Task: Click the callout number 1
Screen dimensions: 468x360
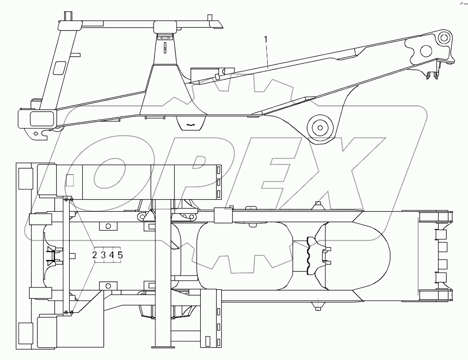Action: click(x=266, y=39)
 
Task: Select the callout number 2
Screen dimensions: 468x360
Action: click(x=95, y=255)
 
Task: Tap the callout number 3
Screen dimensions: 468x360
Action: click(x=103, y=255)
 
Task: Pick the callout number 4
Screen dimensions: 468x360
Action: click(x=112, y=255)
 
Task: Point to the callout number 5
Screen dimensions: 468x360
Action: click(x=120, y=255)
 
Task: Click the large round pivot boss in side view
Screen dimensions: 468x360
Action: click(x=320, y=128)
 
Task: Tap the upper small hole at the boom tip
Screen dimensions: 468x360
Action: click(x=444, y=37)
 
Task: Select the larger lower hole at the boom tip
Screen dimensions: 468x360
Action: click(x=426, y=51)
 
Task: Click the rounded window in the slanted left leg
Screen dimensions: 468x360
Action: click(x=60, y=67)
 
